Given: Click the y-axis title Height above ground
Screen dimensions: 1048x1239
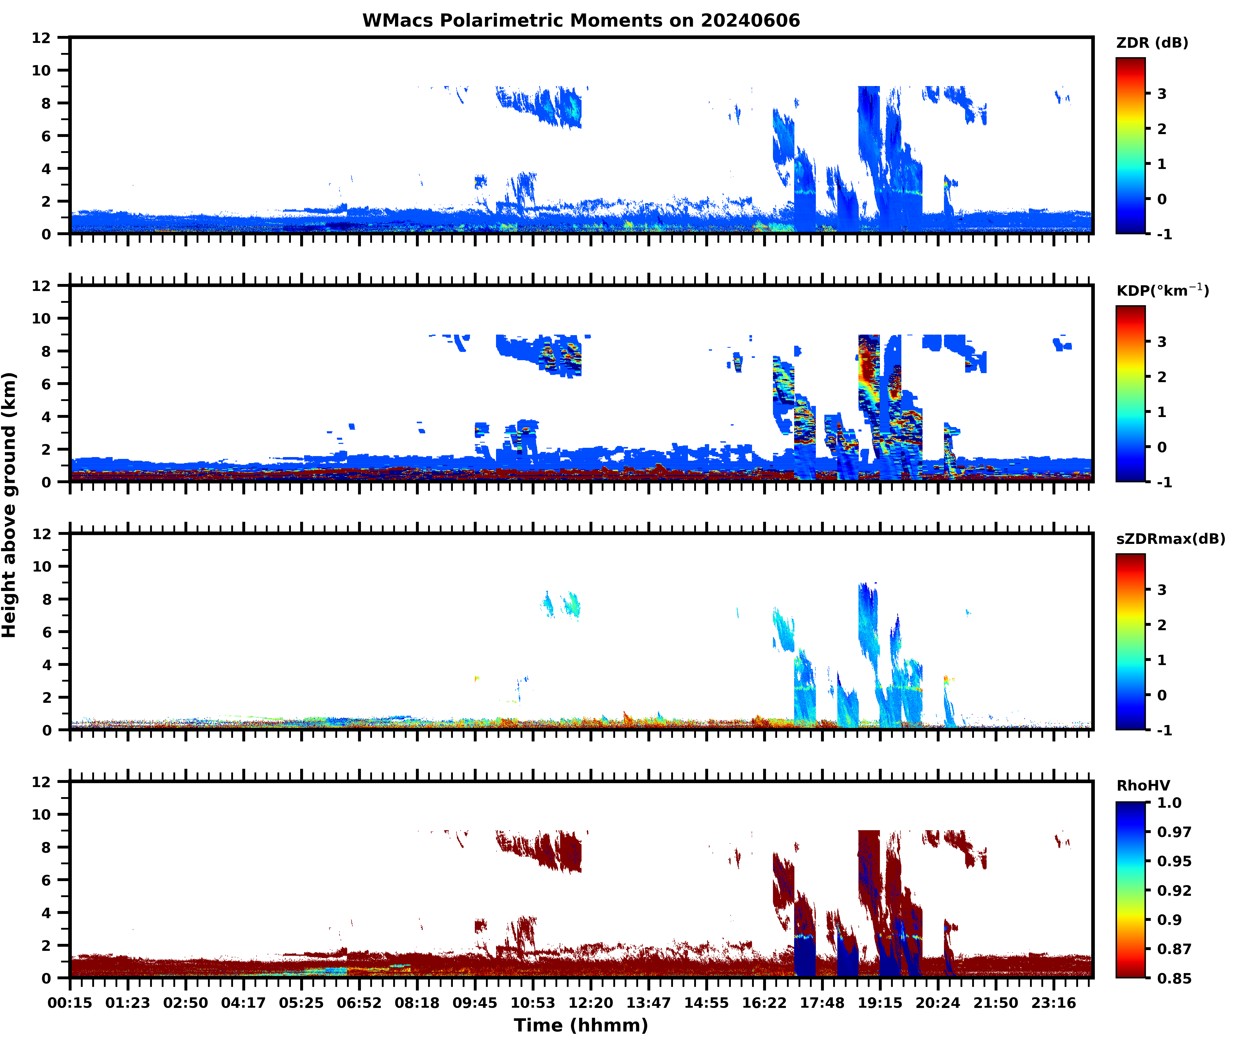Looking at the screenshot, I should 10,505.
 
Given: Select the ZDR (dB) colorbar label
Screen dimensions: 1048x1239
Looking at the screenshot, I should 1152,43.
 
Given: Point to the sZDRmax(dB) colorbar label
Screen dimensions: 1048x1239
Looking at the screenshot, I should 1170,539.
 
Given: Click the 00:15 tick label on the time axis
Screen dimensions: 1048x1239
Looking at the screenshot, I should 70,1003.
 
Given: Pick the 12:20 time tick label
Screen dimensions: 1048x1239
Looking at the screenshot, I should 590,1003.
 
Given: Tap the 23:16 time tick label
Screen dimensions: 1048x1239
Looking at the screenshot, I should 1053,1003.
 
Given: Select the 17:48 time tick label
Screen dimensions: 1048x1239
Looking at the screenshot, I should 822,1003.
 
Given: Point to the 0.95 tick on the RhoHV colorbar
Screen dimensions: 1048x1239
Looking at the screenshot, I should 1174,861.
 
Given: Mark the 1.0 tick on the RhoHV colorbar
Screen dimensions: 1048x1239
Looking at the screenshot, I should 1169,803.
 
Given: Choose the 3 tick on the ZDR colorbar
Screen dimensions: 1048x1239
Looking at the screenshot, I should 1162,94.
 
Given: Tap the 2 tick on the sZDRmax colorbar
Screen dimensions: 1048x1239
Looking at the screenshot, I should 1162,625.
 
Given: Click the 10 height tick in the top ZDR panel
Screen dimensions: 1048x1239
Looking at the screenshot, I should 42,70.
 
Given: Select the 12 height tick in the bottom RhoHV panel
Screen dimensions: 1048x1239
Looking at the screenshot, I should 42,782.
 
